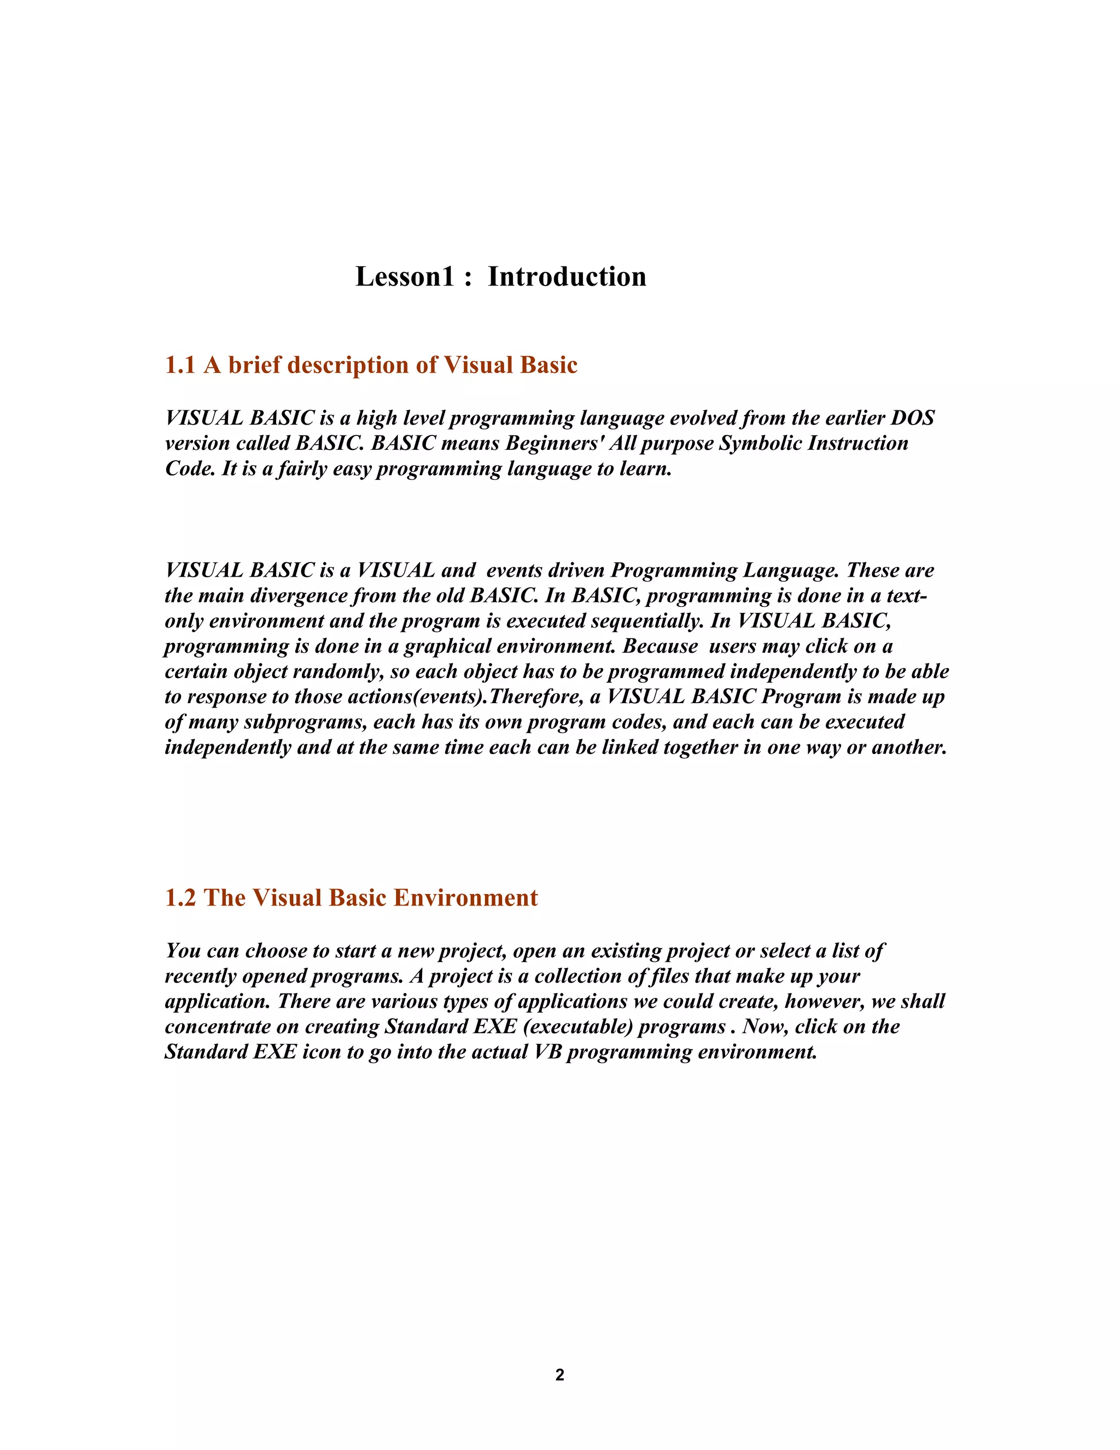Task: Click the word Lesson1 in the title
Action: click(405, 277)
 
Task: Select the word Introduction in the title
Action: click(567, 277)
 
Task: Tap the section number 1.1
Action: click(180, 365)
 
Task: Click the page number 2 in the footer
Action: click(559, 1375)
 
